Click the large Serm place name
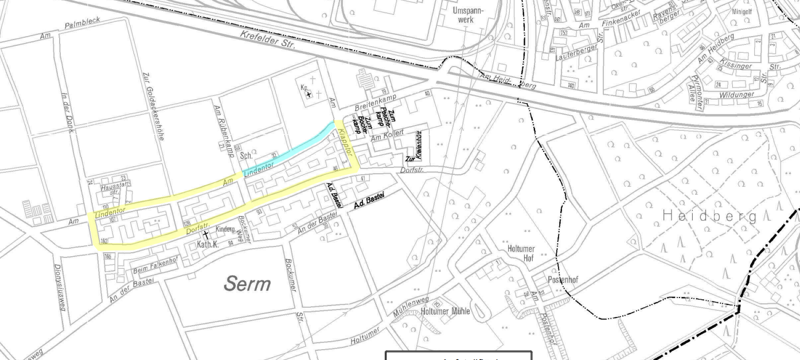[x=247, y=282]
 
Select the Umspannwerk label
[x=468, y=15]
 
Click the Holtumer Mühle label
[x=446, y=311]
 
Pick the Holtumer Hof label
[x=521, y=253]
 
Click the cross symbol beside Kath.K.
[x=205, y=235]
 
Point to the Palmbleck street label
[x=82, y=24]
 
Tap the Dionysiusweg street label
[x=60, y=287]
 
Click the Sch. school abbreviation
[x=247, y=155]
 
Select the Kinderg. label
[x=225, y=229]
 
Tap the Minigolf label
[x=742, y=11]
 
